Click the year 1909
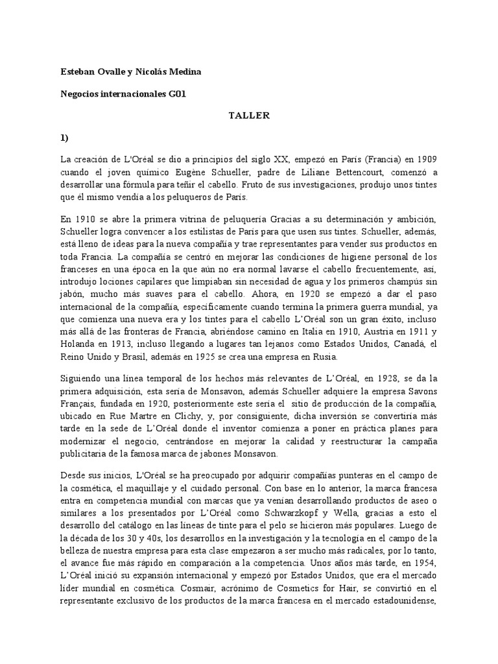426,160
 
